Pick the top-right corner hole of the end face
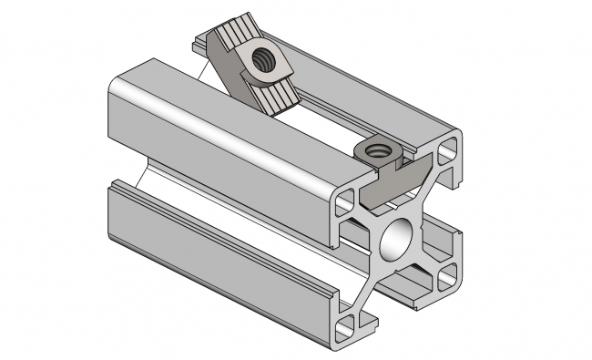[x=449, y=148]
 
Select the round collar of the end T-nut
[x=375, y=151]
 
